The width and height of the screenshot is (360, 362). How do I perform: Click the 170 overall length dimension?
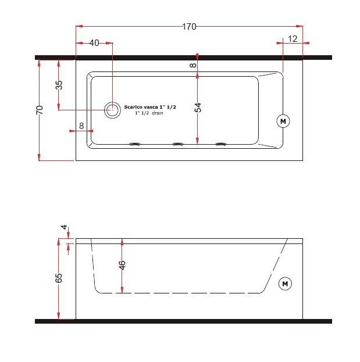click(189, 27)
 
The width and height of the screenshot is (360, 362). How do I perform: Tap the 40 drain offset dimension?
click(94, 43)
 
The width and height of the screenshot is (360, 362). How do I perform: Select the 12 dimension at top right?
click(293, 39)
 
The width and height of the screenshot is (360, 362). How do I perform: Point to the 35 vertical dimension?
click(59, 85)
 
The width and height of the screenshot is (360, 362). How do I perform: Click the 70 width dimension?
click(40, 110)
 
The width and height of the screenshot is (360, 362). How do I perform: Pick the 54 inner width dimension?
click(198, 107)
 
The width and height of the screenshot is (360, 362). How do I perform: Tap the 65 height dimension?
click(59, 278)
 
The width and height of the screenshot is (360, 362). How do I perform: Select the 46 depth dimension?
click(122, 266)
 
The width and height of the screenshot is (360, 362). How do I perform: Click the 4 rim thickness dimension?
click(64, 227)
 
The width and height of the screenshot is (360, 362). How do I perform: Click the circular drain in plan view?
click(112, 110)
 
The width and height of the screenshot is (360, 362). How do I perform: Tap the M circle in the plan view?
click(283, 121)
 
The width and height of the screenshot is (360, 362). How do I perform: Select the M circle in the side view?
click(285, 284)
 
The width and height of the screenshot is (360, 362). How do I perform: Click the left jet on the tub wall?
click(135, 144)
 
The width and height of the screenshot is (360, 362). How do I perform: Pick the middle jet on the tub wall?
click(178, 144)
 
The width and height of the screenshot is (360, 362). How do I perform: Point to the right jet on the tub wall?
click(221, 144)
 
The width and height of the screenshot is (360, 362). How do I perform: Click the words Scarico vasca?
click(141, 107)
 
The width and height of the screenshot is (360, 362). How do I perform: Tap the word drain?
click(158, 113)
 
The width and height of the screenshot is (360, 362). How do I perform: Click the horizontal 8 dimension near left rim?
click(81, 126)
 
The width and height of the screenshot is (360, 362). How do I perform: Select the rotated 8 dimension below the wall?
click(193, 65)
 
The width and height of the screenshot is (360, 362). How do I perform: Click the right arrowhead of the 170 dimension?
click(300, 26)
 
